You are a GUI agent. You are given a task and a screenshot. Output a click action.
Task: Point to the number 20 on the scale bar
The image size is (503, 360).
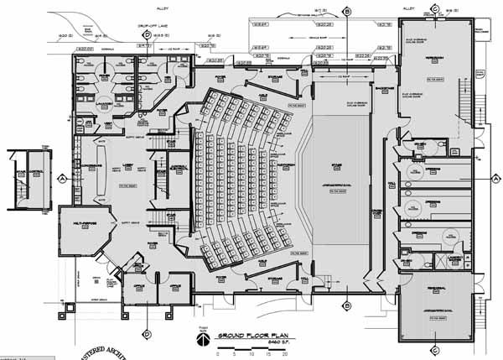pyautogui.click(x=285, y=353)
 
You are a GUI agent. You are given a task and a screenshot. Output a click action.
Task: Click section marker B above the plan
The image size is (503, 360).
pyautogui.click(x=347, y=11)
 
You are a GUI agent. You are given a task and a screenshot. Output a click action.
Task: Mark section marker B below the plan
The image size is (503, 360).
pyautogui.click(x=346, y=306)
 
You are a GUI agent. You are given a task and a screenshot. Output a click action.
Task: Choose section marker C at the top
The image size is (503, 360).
pyautogui.click(x=435, y=8)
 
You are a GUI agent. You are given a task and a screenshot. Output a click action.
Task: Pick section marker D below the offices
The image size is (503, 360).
pyautogui.click(x=147, y=321)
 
